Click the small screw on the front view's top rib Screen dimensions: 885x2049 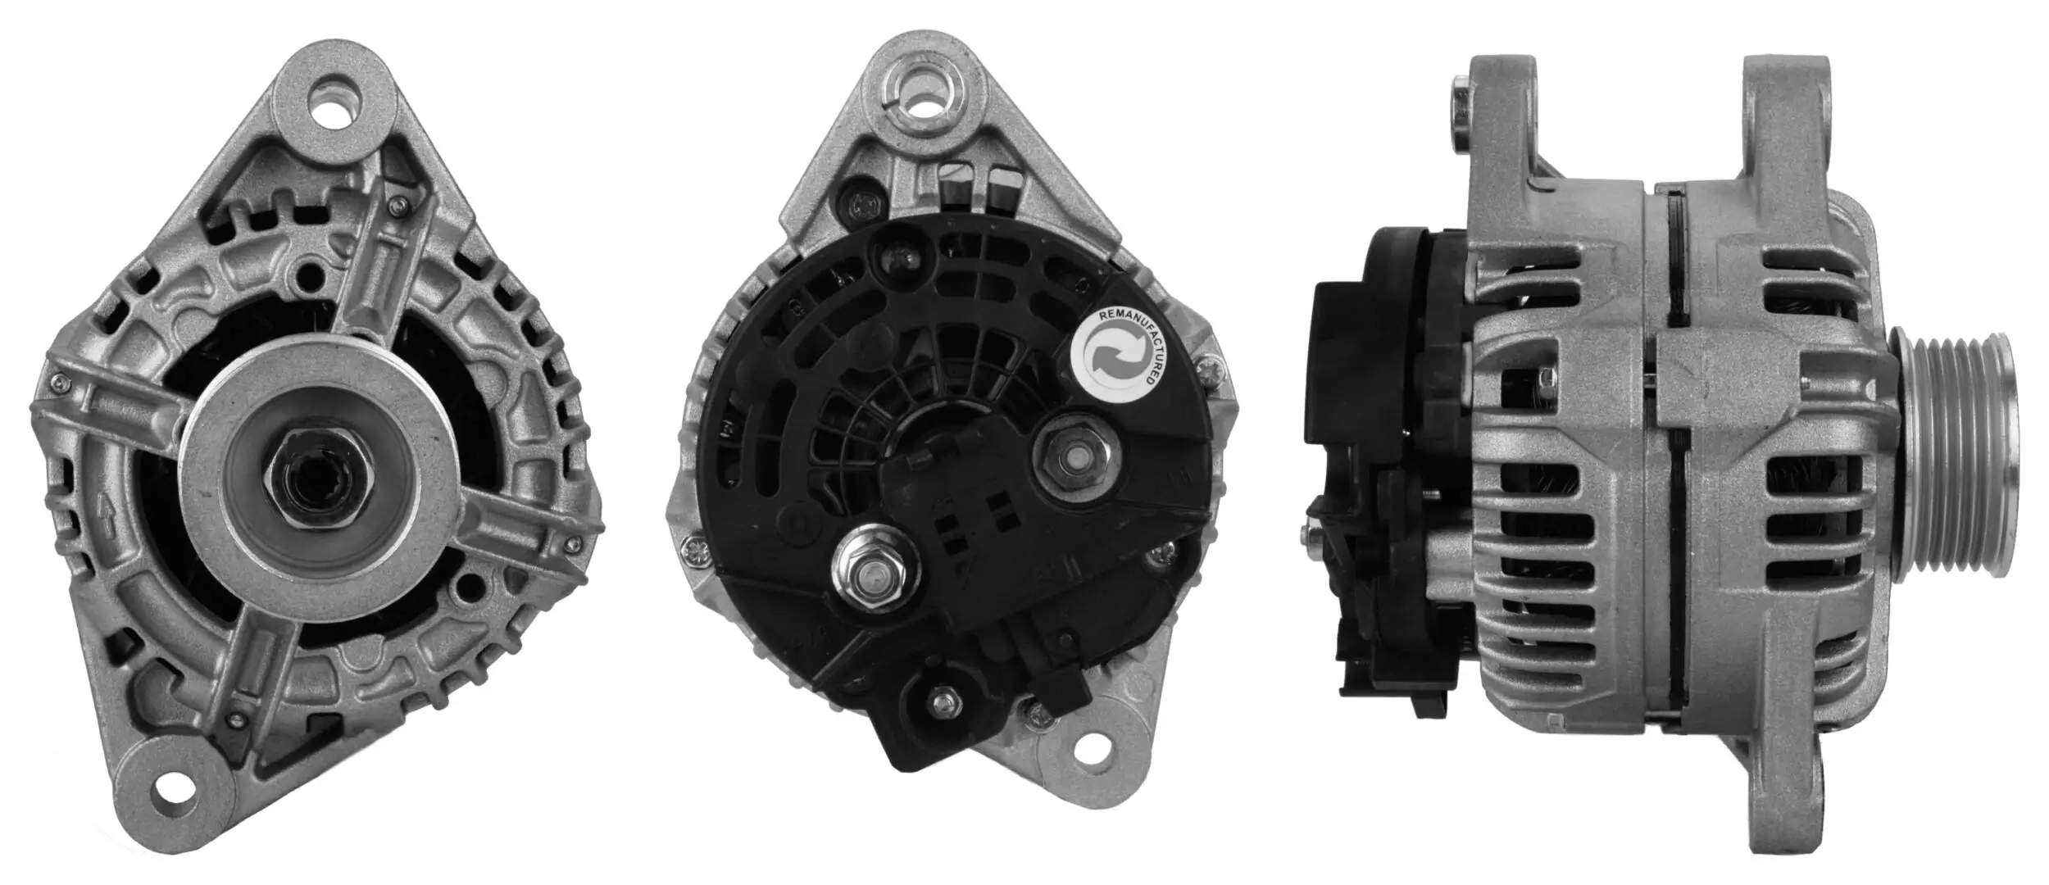click(x=398, y=205)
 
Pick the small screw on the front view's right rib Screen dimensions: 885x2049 click(x=571, y=542)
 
